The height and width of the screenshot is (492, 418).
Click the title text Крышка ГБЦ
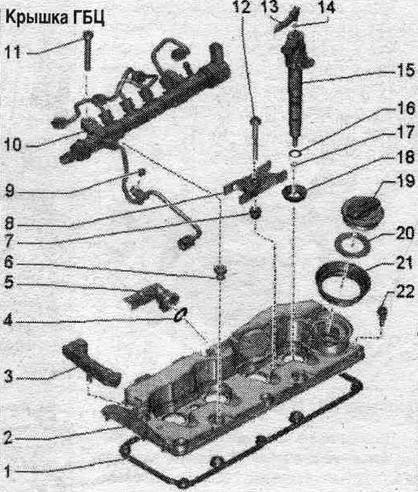pos(55,18)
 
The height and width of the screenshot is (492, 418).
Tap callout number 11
pos(13,52)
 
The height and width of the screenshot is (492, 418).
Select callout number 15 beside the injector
pos(406,70)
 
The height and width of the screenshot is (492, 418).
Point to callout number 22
pos(405,292)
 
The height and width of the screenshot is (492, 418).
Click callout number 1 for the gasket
pos(8,471)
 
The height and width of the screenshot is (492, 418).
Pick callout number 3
pos(9,376)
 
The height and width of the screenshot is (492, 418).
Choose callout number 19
pos(405,181)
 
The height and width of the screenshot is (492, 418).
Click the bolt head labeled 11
pos(88,34)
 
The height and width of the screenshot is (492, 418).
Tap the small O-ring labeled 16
pos(295,154)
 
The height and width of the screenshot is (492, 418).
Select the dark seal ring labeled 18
pos(294,193)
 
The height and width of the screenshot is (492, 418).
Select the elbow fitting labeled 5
pos(152,296)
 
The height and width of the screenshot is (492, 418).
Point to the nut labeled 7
pos(255,212)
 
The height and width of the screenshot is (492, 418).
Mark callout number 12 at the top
pos(242,7)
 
